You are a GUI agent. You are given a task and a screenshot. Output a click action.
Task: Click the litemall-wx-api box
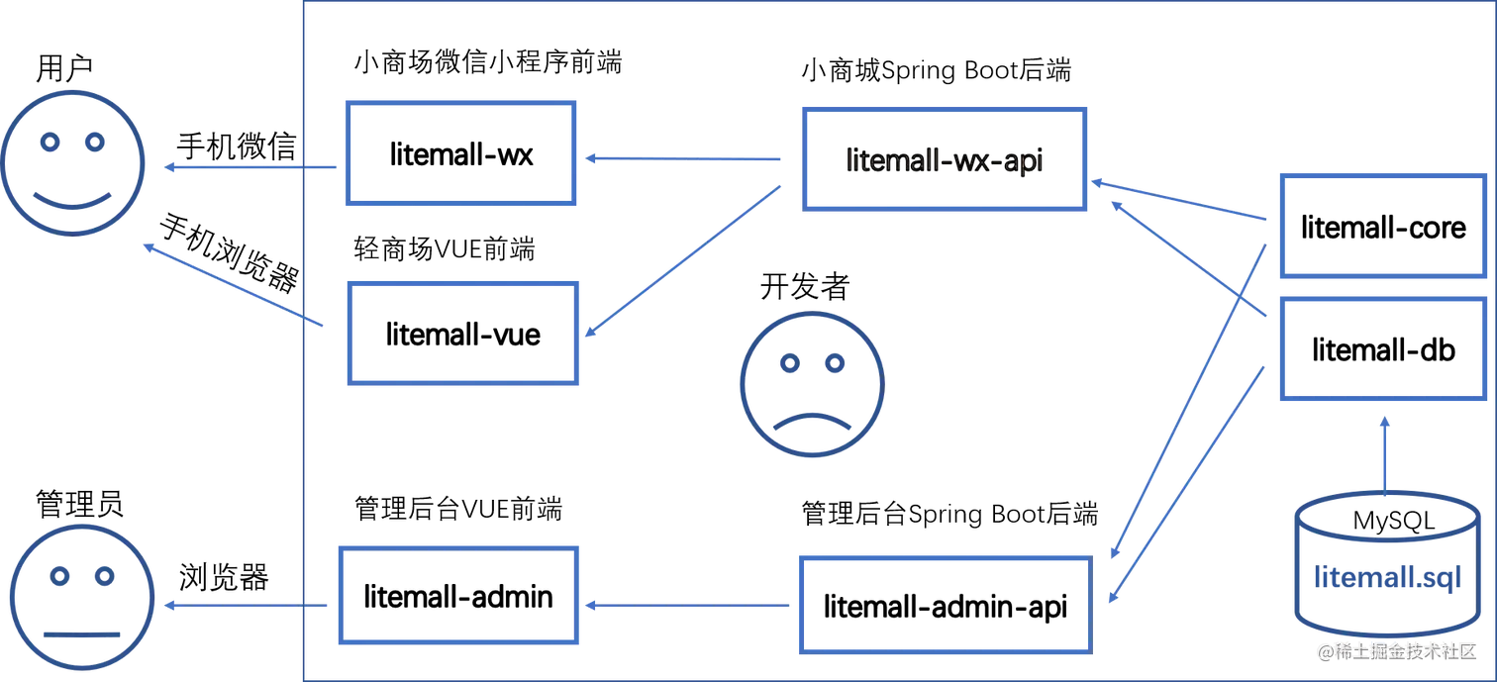tap(946, 158)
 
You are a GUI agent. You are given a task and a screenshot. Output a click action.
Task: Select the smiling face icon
tap(74, 164)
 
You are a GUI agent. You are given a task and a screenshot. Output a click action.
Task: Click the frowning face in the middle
tap(811, 385)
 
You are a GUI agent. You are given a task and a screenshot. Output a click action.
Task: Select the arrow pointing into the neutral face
tap(248, 606)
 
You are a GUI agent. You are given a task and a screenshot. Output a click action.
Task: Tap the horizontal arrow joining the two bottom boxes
tap(688, 603)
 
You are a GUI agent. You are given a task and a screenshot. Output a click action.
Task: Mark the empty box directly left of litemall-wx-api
tap(459, 153)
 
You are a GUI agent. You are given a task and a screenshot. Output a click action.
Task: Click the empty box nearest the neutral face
tap(456, 595)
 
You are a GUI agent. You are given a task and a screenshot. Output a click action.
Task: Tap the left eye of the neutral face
tap(57, 575)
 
